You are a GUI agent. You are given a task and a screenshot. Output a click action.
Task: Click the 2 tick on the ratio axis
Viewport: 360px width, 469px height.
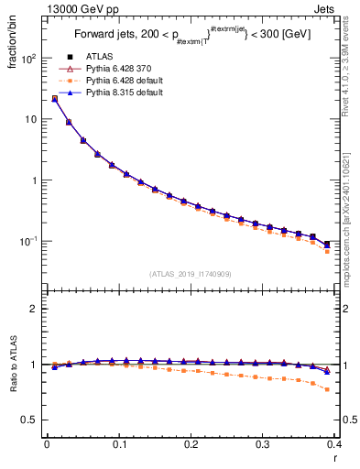34,310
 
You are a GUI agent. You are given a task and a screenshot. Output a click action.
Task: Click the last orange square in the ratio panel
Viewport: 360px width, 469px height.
327,389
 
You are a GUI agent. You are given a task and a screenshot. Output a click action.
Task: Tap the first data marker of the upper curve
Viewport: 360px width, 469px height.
54,98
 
